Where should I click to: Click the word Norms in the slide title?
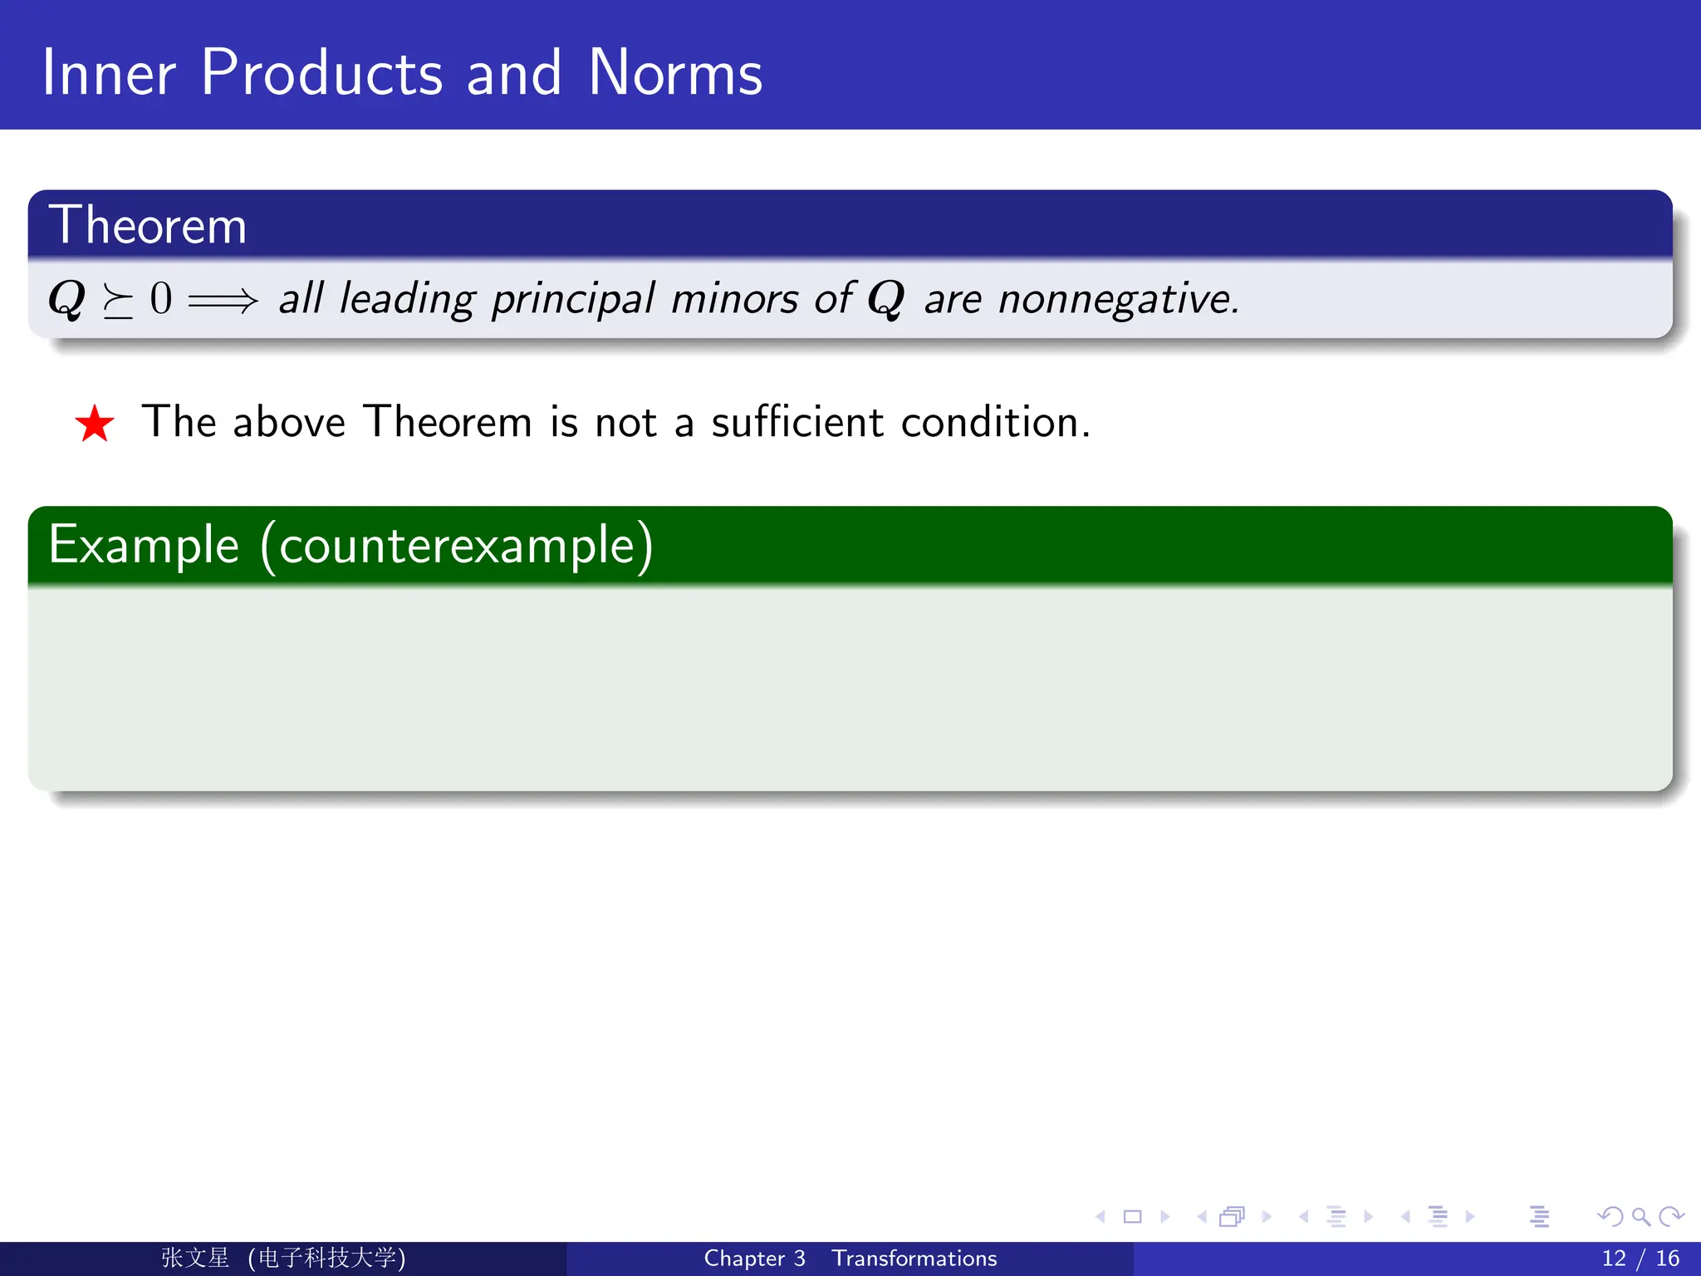click(x=674, y=73)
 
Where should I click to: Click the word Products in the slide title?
click(x=321, y=73)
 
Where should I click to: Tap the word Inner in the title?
click(x=108, y=73)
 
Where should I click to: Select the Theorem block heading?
click(x=148, y=225)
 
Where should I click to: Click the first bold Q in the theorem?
click(x=67, y=299)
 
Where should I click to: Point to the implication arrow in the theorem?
click(x=223, y=300)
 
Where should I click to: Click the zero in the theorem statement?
click(x=161, y=298)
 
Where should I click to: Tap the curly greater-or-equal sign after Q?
click(x=117, y=301)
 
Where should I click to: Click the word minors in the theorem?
click(x=734, y=298)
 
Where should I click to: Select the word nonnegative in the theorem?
click(x=1118, y=300)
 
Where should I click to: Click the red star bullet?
click(x=95, y=424)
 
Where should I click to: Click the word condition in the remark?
click(x=993, y=421)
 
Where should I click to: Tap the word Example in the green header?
click(x=145, y=545)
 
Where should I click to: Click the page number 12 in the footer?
click(x=1613, y=1258)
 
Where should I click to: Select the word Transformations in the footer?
click(x=914, y=1258)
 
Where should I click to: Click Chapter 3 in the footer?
click(x=754, y=1258)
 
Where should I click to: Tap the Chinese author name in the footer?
click(x=196, y=1258)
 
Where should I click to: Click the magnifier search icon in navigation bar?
click(x=1640, y=1217)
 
